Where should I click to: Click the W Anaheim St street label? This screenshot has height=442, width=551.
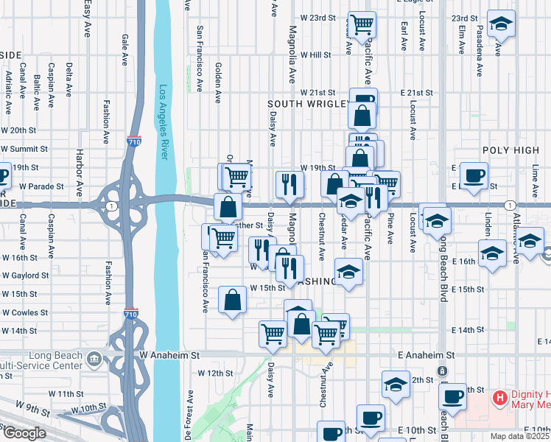169,355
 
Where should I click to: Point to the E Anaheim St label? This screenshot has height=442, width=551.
425,355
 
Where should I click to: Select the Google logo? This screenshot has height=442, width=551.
24,433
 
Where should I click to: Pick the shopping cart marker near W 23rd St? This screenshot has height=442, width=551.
362,24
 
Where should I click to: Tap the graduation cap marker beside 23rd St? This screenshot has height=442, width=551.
501,24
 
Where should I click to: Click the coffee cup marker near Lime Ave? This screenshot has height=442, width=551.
474,175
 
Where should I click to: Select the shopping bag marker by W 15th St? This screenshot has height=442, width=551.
232,300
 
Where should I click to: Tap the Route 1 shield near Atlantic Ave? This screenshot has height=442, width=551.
509,204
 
